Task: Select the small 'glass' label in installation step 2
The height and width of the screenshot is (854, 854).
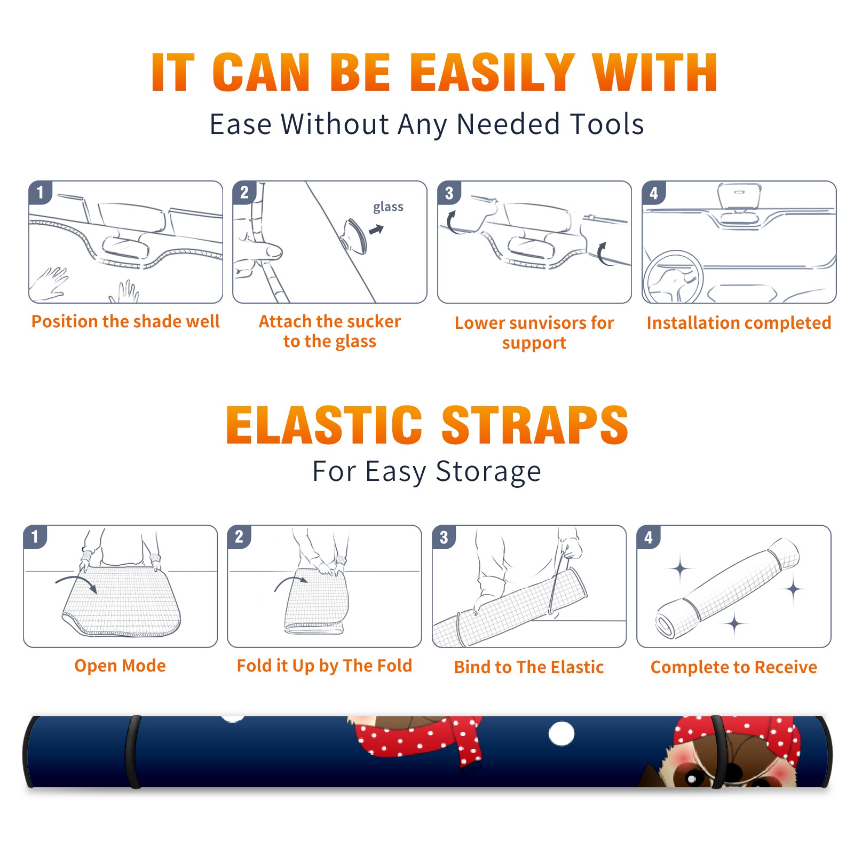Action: click(388, 207)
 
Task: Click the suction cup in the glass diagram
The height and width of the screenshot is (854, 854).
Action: click(355, 235)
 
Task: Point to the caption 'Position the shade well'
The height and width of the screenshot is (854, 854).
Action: click(125, 321)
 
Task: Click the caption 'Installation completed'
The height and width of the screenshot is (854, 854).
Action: click(739, 322)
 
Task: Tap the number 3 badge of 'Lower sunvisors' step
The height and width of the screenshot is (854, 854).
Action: click(449, 193)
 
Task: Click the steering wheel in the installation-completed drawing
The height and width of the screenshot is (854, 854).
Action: click(673, 276)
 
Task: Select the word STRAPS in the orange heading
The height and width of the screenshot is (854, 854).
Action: click(535, 425)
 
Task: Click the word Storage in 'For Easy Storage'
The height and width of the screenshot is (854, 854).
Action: click(488, 472)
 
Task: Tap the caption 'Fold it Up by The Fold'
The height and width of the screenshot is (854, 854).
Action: click(325, 666)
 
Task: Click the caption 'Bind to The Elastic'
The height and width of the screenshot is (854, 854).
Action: click(529, 667)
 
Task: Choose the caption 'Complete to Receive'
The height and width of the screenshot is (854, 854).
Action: click(734, 667)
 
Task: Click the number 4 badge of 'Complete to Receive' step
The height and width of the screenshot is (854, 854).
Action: click(649, 537)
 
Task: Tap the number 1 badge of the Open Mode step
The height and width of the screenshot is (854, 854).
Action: click(35, 536)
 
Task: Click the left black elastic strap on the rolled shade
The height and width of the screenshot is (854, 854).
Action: click(132, 752)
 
